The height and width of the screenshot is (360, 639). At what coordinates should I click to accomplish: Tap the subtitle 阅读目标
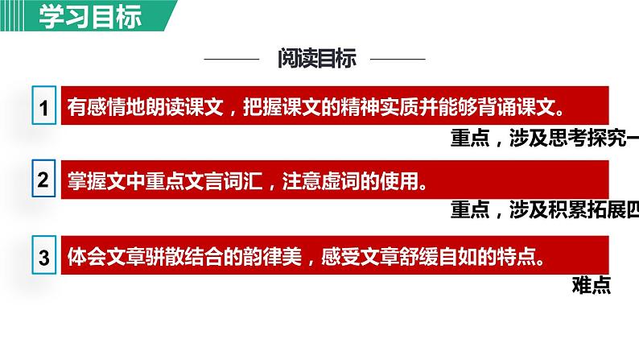[316, 59]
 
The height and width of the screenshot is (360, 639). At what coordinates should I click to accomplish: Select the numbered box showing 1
[44, 108]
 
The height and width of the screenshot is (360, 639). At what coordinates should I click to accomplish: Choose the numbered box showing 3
[44, 258]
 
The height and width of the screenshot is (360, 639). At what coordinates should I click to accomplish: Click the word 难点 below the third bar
[592, 284]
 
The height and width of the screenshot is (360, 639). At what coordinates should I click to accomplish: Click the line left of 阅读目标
[233, 60]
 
